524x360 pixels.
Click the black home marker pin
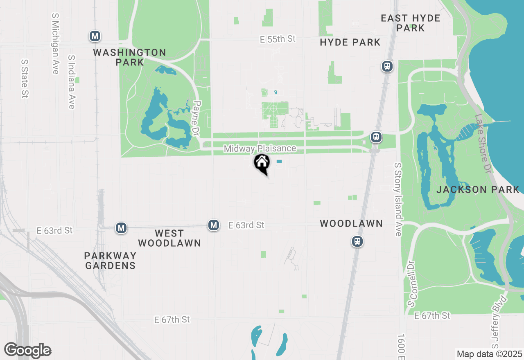point(262,164)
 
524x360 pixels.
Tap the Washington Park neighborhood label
point(129,57)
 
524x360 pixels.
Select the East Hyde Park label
point(410,23)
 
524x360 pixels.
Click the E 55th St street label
point(278,39)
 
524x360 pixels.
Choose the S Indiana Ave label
point(72,82)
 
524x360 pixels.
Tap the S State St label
point(25,79)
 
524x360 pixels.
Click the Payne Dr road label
point(196,119)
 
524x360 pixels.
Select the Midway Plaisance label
point(260,148)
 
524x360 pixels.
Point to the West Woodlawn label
point(169,238)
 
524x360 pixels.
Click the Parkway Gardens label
point(110,261)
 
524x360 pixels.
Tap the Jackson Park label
point(478,189)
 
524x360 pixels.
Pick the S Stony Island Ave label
point(398,199)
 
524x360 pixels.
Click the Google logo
point(27,350)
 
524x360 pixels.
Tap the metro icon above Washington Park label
point(95,36)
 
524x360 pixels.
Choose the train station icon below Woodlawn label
point(357,241)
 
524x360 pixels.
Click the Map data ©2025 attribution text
point(489,354)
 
